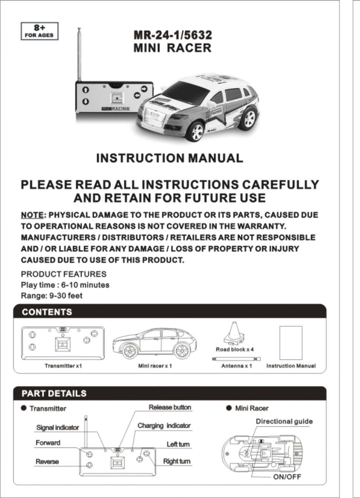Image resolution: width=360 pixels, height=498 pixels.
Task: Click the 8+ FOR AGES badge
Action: (39, 31)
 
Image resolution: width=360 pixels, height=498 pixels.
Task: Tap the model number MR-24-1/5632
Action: (173, 35)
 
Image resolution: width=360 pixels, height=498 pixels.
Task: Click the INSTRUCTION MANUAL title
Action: (169, 158)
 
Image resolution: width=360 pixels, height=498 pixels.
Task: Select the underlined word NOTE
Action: (32, 215)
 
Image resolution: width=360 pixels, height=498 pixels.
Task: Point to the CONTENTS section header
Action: (47, 312)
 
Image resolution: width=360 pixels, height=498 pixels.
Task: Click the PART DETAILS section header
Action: (54, 394)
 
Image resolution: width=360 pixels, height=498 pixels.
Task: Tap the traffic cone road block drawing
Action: (234, 332)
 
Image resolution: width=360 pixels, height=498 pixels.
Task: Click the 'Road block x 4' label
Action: (235, 350)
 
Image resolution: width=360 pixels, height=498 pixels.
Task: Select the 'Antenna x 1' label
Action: (237, 366)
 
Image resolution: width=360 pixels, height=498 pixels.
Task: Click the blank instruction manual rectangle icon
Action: (291, 343)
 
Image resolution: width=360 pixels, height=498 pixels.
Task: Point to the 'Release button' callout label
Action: (170, 407)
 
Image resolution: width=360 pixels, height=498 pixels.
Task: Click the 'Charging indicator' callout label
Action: (164, 426)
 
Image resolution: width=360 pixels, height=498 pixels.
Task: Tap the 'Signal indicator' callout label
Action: (57, 427)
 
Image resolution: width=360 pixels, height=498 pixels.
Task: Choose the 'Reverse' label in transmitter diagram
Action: (47, 462)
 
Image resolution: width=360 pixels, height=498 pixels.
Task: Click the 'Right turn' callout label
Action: (177, 461)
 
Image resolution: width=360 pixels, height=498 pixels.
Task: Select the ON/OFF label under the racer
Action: (287, 477)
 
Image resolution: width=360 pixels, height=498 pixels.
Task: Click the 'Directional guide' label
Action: (284, 422)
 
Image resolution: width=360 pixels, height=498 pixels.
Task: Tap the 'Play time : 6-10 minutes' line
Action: (65, 285)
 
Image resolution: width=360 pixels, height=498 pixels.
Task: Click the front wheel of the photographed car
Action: (196, 131)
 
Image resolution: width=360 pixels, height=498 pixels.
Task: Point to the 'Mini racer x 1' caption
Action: (155, 366)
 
